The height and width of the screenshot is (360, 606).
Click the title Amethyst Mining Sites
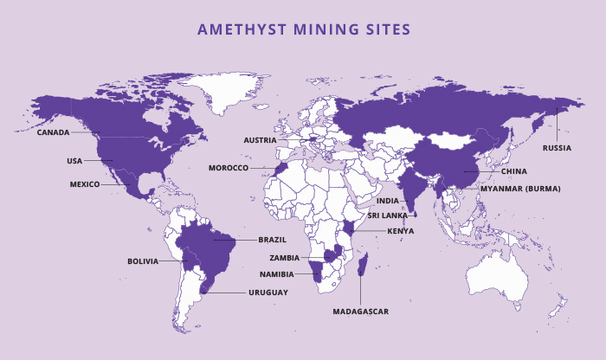[x=304, y=29]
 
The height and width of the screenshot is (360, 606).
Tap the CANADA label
[x=53, y=133]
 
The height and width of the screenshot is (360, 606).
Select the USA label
[x=74, y=160]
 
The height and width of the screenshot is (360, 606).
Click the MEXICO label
[x=85, y=184]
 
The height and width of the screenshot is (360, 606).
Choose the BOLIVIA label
[x=143, y=260]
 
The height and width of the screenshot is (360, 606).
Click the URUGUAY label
[x=268, y=292]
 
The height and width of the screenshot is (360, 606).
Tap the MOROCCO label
[x=229, y=168]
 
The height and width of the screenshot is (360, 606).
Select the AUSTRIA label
[x=260, y=139]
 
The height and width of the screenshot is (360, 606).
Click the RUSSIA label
[x=557, y=148]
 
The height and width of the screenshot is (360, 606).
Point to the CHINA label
[x=513, y=171]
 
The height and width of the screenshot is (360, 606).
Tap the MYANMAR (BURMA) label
[x=520, y=189]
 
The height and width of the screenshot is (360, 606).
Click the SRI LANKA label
[x=387, y=215]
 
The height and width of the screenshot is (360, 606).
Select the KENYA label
[x=401, y=231]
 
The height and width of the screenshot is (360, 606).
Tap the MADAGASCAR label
[x=359, y=311]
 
